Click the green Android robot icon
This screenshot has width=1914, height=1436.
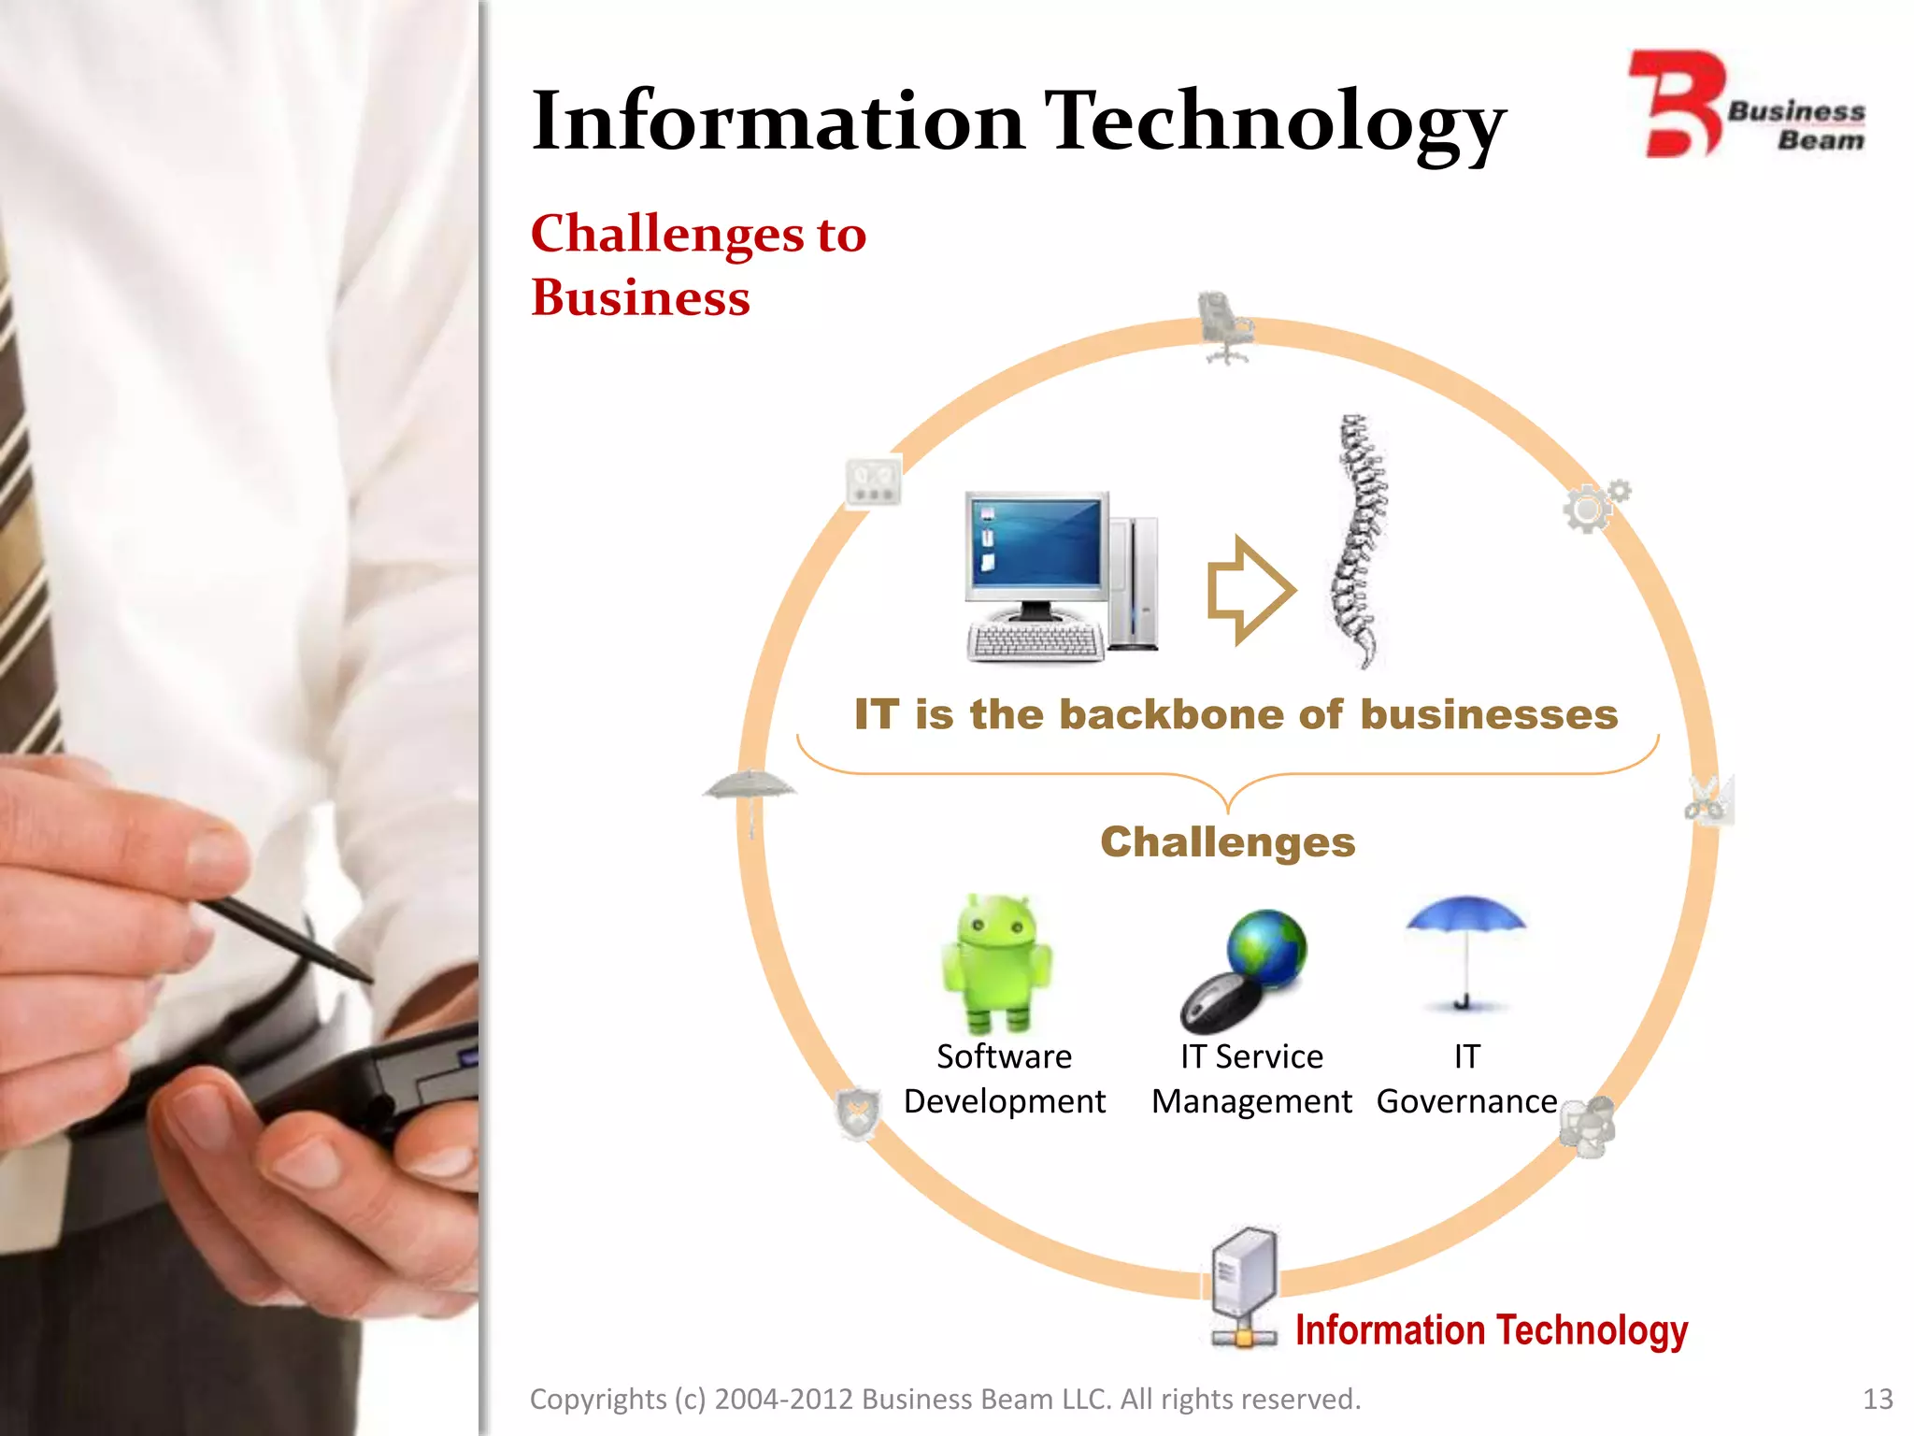[997, 963]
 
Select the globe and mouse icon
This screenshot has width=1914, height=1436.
[1244, 969]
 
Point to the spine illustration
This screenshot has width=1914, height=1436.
[1358, 540]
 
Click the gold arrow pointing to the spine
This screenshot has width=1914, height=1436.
[1250, 591]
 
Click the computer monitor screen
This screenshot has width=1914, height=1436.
[1036, 544]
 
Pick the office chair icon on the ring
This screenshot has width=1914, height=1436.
[1224, 326]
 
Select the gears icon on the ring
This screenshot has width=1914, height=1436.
[1594, 506]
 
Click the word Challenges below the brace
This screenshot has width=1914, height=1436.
[1228, 842]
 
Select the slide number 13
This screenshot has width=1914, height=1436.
[1877, 1399]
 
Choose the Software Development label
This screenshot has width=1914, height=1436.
[1005, 1079]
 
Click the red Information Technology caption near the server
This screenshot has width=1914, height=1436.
[1491, 1330]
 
